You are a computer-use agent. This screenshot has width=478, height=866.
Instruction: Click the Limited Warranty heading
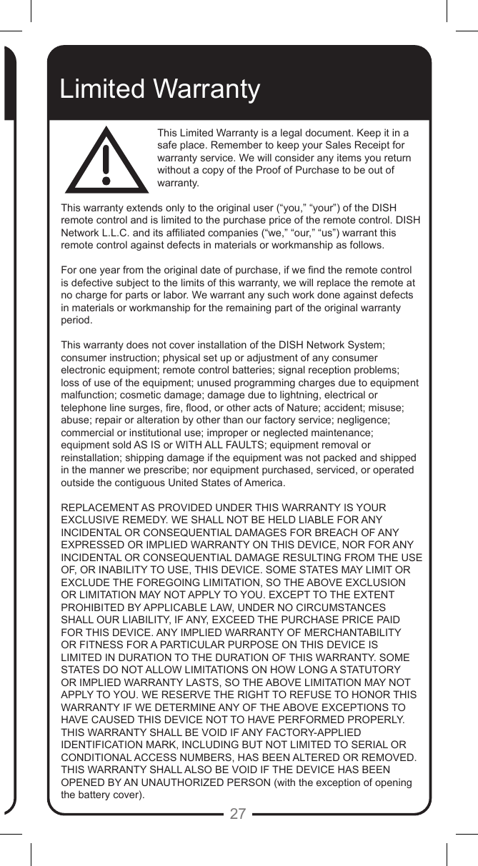160,89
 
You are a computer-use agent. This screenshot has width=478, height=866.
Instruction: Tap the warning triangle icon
106,161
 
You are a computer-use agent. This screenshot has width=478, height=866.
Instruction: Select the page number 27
238,813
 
